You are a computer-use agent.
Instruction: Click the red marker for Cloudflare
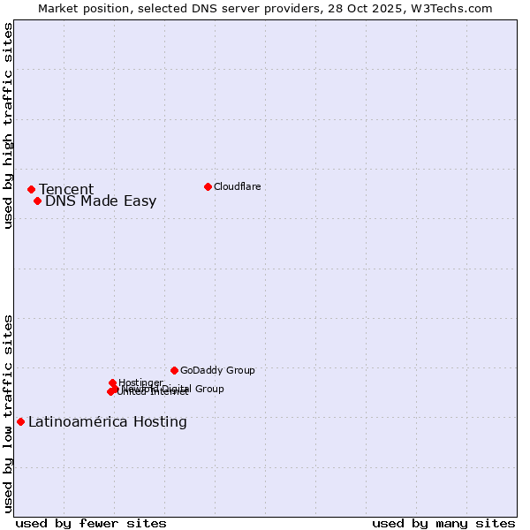[208, 186]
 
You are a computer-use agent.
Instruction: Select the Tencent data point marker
[31, 189]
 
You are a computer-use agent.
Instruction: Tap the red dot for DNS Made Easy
[37, 201]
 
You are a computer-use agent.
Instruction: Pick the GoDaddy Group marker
[174, 370]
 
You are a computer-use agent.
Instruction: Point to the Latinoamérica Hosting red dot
[20, 421]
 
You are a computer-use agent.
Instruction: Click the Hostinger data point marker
[112, 382]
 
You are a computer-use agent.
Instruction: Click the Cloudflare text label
[237, 186]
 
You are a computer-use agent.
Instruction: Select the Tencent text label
[66, 189]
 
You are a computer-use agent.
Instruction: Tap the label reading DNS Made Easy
[101, 201]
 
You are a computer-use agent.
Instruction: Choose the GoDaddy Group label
[217, 370]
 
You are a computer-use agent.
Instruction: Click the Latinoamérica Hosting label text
[108, 421]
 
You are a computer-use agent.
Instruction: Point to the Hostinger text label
[140, 382]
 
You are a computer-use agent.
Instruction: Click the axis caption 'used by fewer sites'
[91, 523]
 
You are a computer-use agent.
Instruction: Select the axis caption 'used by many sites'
[443, 523]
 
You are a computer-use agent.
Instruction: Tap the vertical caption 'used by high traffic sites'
[8, 125]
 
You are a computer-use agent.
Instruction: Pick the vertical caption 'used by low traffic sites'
[8, 413]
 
